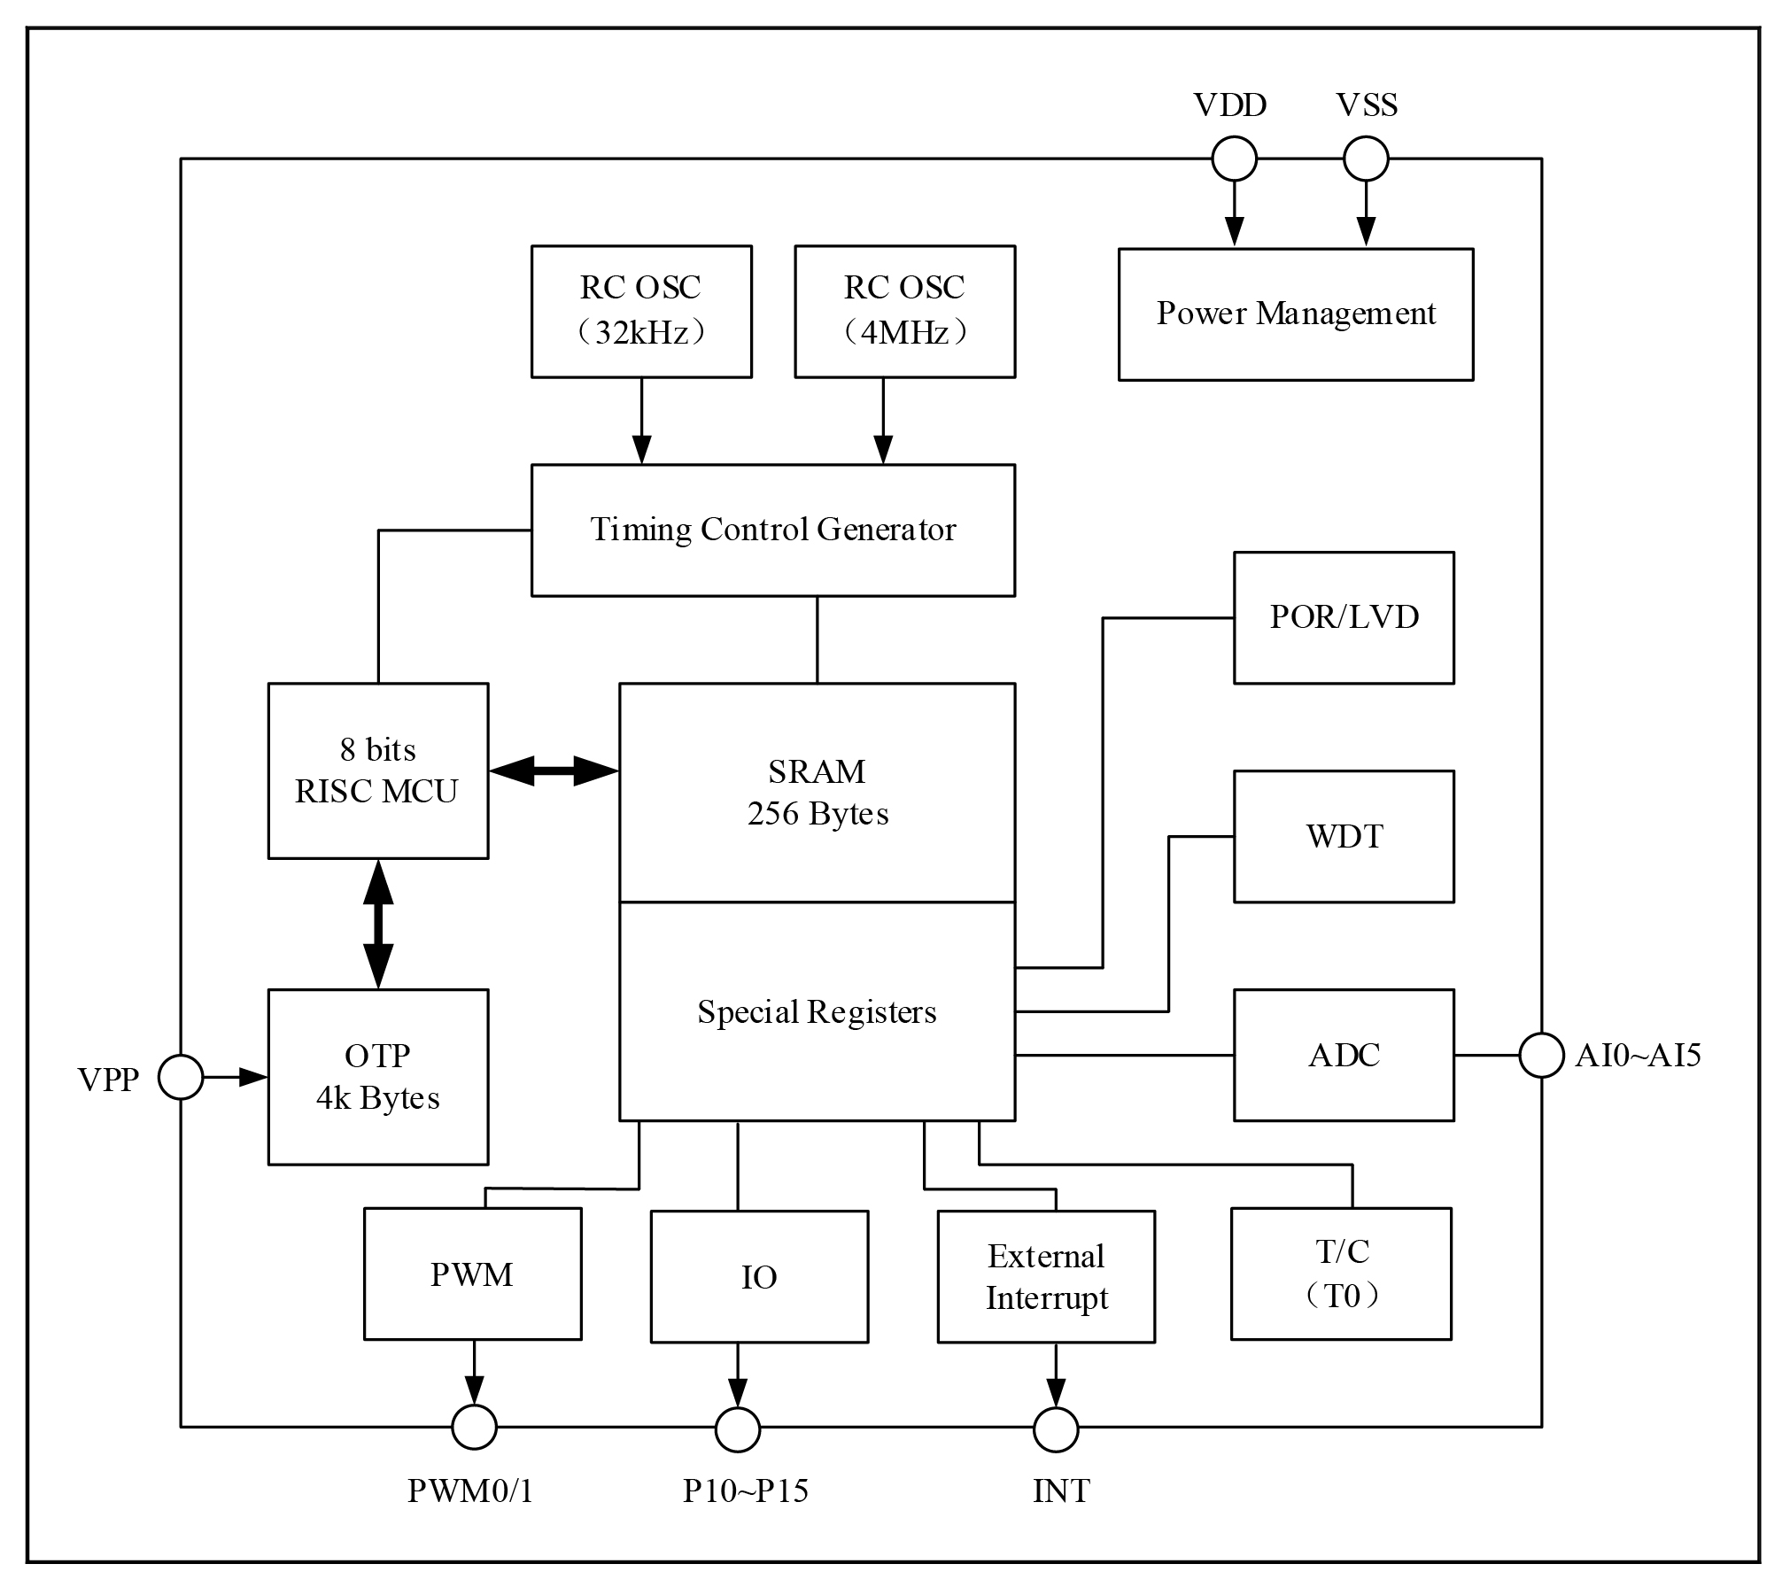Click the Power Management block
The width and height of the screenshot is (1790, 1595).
(1295, 314)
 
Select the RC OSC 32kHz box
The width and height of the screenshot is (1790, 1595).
(641, 312)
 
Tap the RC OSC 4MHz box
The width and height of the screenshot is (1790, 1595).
(904, 312)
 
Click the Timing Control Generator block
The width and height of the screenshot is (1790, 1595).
(772, 530)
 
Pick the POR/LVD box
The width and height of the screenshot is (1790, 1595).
(1344, 617)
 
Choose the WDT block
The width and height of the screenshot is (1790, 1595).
(1344, 836)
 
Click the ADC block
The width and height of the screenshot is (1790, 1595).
(1344, 1055)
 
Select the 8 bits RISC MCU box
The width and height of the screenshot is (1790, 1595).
(378, 770)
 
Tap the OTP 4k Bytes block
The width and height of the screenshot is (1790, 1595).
(378, 1077)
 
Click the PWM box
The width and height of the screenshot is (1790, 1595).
(472, 1274)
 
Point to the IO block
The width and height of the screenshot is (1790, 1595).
(759, 1276)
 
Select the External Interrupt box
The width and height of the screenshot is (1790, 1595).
(1046, 1276)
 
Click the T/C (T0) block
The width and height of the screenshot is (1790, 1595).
(1341, 1274)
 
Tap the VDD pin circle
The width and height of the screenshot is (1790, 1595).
(1234, 159)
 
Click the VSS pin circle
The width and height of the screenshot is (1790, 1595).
(1366, 159)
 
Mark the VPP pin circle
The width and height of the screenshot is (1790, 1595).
(181, 1078)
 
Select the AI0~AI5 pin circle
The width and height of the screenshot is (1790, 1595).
(1541, 1056)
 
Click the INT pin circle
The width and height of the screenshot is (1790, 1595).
(1056, 1429)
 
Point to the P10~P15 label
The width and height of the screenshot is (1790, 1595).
(745, 1491)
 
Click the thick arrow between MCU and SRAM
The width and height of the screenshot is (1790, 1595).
(554, 770)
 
